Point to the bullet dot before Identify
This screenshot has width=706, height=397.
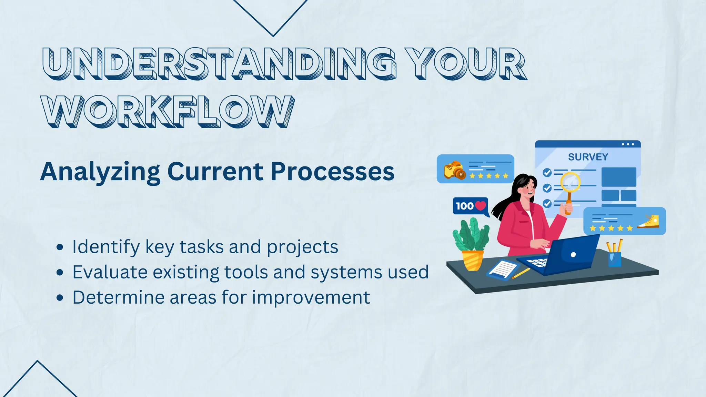coord(60,247)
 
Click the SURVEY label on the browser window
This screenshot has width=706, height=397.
coord(588,157)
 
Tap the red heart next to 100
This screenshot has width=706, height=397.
coord(480,206)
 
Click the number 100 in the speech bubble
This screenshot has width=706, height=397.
coord(464,206)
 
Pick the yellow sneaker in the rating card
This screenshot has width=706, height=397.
coord(649,222)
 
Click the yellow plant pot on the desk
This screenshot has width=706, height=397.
coord(472,260)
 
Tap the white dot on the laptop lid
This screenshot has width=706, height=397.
coord(573,255)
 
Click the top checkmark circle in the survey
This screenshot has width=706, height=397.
coord(547,172)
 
